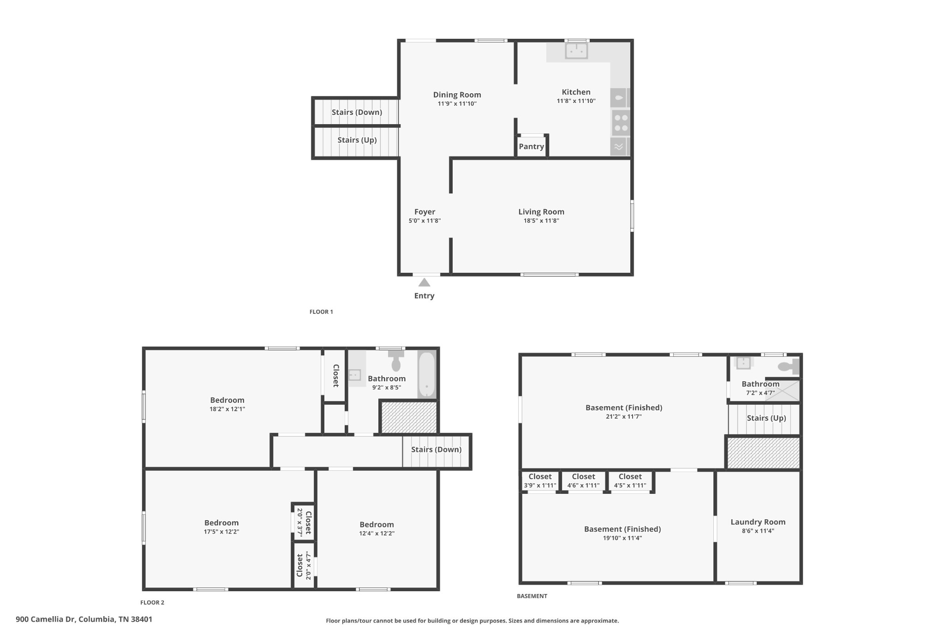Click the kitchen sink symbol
tap(576, 51)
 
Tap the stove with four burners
tap(621, 123)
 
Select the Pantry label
tap(531, 147)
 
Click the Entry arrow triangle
tap(424, 282)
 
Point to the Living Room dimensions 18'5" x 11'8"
tap(541, 221)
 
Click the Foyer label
tap(425, 212)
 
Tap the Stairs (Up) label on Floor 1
tap(357, 140)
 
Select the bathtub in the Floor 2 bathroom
tap(427, 374)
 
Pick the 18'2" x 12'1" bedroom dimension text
tap(227, 409)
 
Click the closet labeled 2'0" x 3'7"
tap(304, 522)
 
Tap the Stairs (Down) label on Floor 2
tap(436, 450)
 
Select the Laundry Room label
tap(758, 522)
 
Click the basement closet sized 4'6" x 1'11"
tap(583, 481)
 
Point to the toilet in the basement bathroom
tap(788, 367)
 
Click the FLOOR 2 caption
tap(152, 602)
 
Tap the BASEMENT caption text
tap(532, 596)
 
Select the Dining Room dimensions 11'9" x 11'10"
tap(457, 104)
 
